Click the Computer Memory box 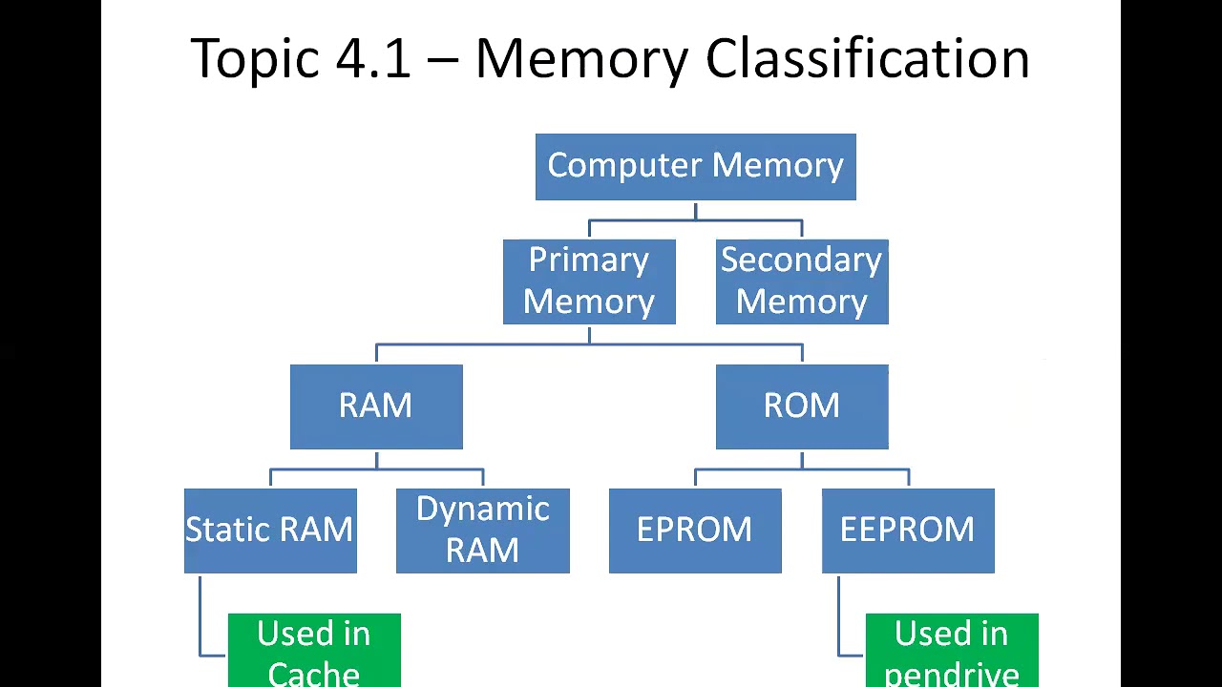[x=695, y=167]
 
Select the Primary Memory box [x=589, y=281]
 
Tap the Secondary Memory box [x=802, y=281]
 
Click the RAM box [x=376, y=406]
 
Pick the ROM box [x=802, y=406]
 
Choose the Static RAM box [x=270, y=531]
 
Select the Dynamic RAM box [x=482, y=531]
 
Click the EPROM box [x=695, y=531]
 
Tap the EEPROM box [x=908, y=531]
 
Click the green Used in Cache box [x=314, y=651]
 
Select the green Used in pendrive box [x=952, y=651]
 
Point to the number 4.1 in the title [x=373, y=59]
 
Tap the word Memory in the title [x=580, y=59]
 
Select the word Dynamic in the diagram [x=482, y=510]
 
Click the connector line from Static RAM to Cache [x=200, y=620]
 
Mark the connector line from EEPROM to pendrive [x=838, y=620]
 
